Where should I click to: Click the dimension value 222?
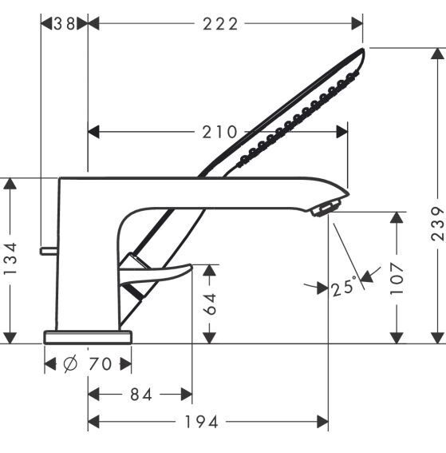(220, 24)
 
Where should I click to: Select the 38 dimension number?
(65, 24)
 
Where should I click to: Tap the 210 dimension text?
(219, 132)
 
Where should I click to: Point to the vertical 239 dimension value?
(437, 224)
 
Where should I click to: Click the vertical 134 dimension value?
(11, 259)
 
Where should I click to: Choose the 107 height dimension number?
(397, 279)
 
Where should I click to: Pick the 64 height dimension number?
(210, 304)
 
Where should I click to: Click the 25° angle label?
(344, 286)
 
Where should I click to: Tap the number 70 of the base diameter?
(100, 364)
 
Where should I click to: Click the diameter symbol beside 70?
(70, 364)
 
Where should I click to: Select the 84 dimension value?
(141, 395)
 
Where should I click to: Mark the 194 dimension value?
(201, 422)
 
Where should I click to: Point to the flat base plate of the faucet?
(88, 337)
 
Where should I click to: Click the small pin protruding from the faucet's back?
(49, 251)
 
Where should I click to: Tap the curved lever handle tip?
(191, 266)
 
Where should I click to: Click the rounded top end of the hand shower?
(362, 51)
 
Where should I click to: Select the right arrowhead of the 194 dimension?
(323, 422)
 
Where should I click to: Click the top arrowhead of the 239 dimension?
(438, 54)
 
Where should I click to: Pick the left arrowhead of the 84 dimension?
(93, 395)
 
